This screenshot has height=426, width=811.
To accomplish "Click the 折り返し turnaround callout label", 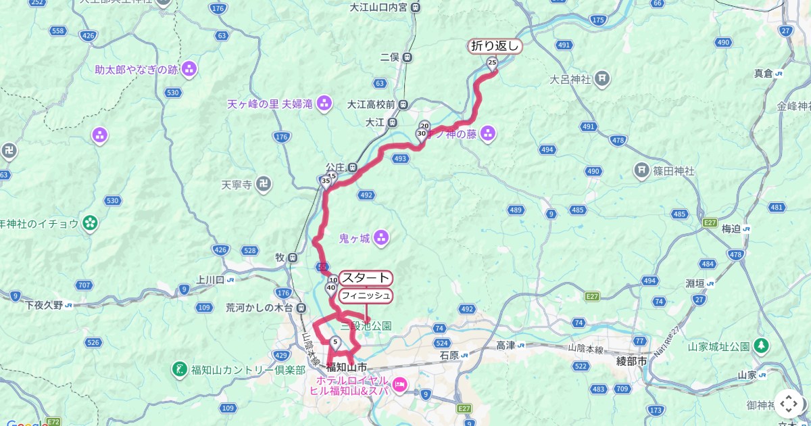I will coord(495,46).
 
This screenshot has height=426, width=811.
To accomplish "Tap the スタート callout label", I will coord(366,278).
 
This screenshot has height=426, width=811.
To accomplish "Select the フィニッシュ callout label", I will coord(366,295).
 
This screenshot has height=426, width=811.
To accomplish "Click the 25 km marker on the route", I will coord(492,63).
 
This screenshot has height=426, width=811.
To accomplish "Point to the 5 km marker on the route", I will coord(335,341).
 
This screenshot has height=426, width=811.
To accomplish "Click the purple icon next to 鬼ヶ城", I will coord(381,237).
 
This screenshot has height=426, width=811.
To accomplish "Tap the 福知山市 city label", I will coord(346,367).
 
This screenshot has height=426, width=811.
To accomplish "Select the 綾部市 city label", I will coord(631,362).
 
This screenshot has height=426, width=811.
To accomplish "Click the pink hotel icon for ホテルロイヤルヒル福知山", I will coord(399,385).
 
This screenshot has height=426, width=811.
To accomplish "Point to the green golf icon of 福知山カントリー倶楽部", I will coord(180,369).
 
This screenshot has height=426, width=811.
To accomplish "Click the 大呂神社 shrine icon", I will coord(602,79).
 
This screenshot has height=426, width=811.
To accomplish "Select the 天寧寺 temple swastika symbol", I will coord(265,183).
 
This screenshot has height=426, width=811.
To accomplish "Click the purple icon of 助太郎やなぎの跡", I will coord(189,68).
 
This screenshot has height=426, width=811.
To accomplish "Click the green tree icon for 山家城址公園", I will coord(762,346).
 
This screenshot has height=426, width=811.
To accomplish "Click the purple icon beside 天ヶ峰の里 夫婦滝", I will coord(325,103).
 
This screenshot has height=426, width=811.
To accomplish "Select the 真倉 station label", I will coord(764,73).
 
